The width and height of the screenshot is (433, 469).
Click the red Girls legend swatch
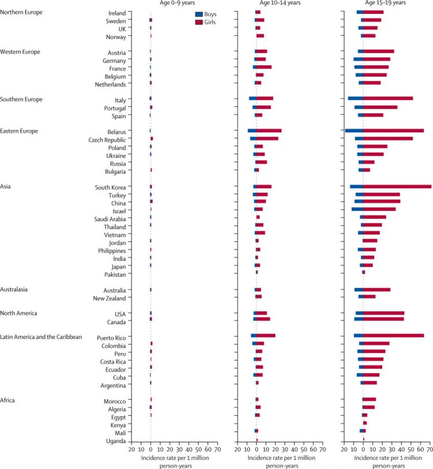[199, 21]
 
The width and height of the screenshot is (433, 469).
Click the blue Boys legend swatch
[199, 13]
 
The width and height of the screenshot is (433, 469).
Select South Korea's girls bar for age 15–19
[397, 187]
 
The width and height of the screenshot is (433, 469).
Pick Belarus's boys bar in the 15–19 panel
[354, 131]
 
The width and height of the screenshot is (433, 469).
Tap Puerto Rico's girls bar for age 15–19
[393, 336]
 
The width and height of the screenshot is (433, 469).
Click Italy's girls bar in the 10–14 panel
[265, 99]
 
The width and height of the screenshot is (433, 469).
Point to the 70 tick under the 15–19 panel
[429, 449]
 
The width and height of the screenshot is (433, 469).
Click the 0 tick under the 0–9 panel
[151, 449]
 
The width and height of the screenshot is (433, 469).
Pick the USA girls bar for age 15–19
[384, 312]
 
